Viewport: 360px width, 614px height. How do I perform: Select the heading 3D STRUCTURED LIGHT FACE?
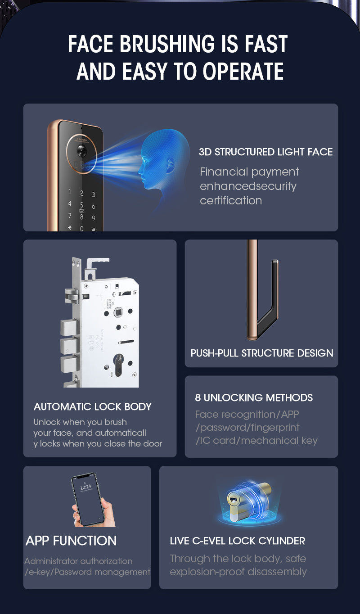point(265,152)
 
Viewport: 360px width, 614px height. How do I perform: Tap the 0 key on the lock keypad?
point(81,228)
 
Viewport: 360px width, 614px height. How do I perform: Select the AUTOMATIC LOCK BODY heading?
point(92,407)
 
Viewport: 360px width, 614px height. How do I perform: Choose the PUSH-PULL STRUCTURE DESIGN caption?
point(261,353)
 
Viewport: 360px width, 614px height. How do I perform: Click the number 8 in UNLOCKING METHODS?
point(198,398)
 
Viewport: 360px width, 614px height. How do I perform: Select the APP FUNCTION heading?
point(71,541)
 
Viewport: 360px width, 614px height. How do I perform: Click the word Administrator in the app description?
point(50,561)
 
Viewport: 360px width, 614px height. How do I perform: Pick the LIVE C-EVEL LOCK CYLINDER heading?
point(237,541)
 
